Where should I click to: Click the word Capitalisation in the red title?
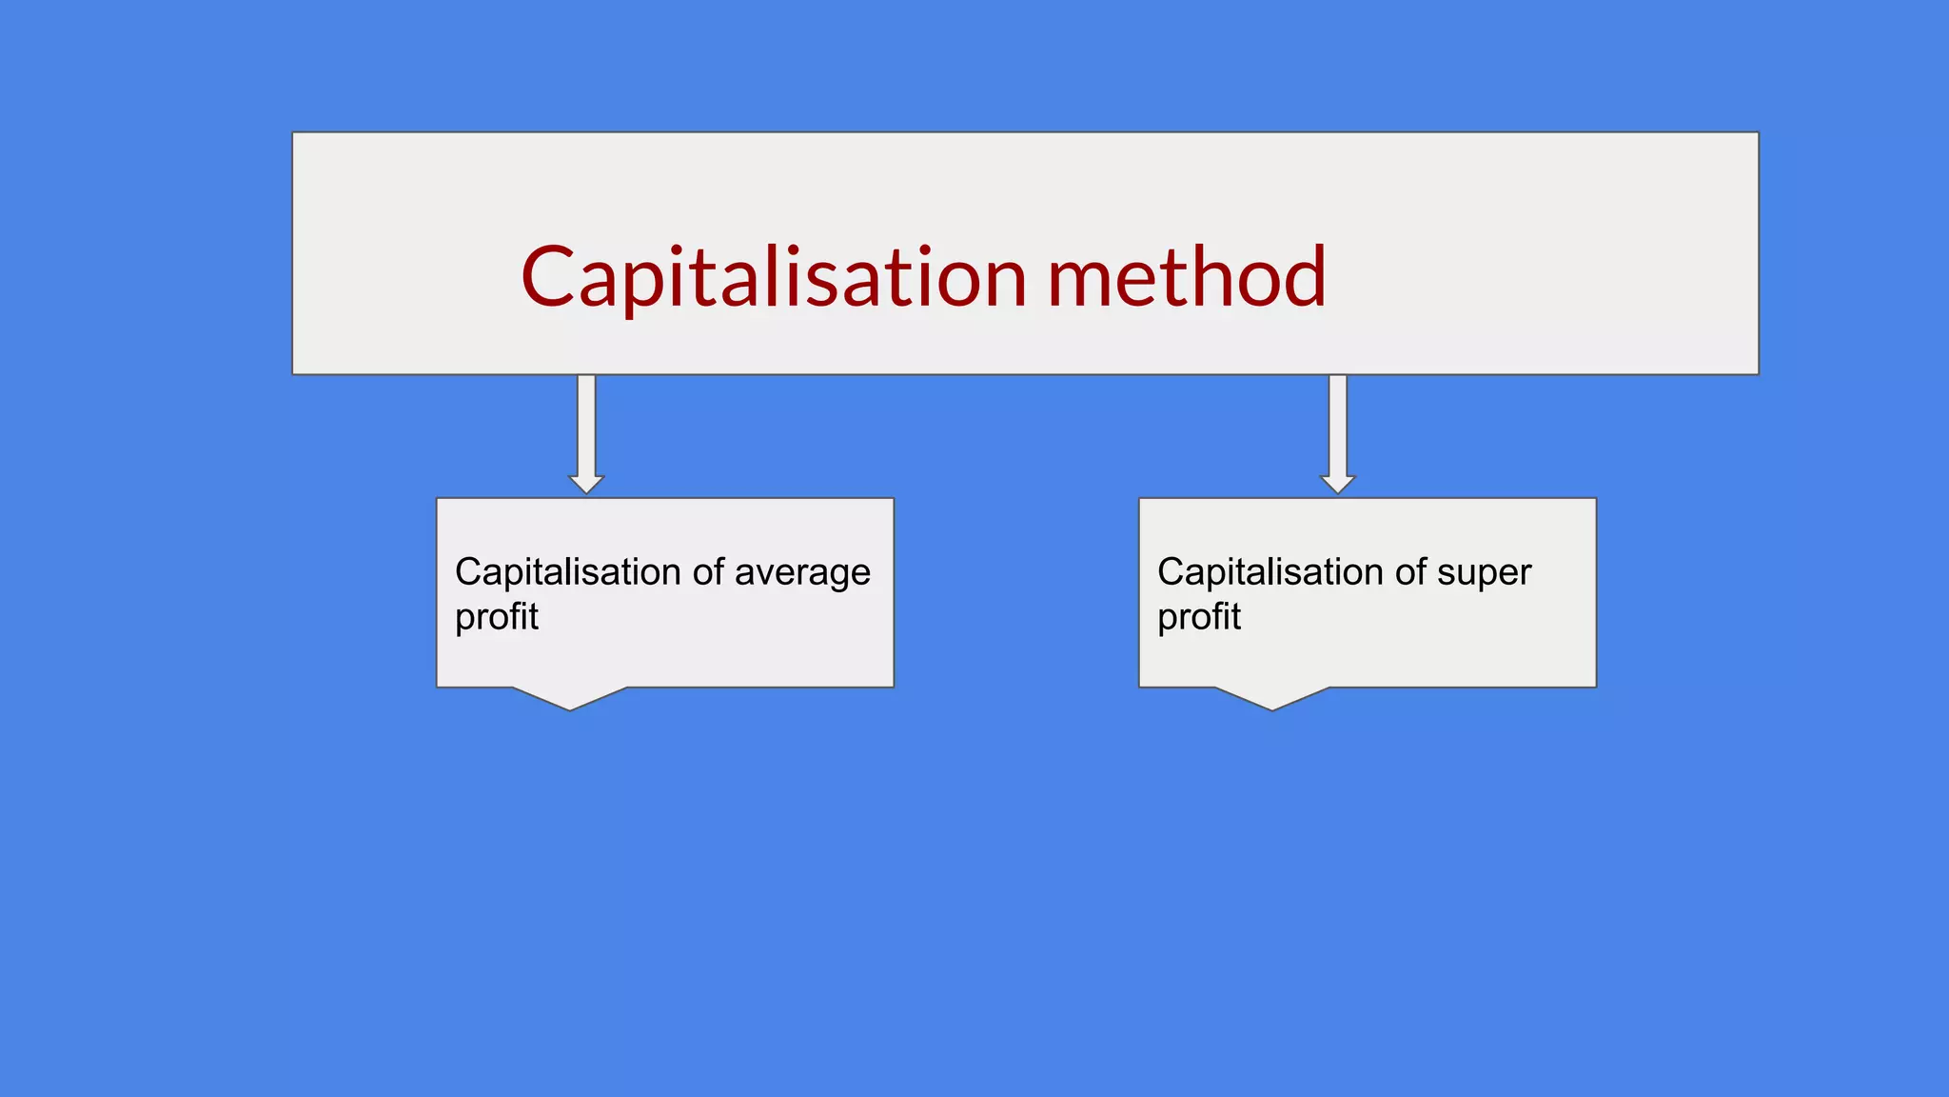click(x=774, y=277)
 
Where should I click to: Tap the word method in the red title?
click(x=1186, y=277)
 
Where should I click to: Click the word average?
click(x=802, y=573)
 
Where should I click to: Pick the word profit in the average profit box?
click(x=497, y=617)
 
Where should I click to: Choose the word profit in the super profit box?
click(x=1199, y=617)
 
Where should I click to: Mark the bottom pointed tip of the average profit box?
click(x=570, y=708)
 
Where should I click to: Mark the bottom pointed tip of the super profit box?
click(x=1272, y=708)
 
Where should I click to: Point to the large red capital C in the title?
click(x=548, y=277)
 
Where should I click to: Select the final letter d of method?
click(x=1303, y=277)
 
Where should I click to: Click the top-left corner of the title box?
click(x=293, y=133)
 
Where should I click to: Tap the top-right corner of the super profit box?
click(x=1595, y=499)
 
